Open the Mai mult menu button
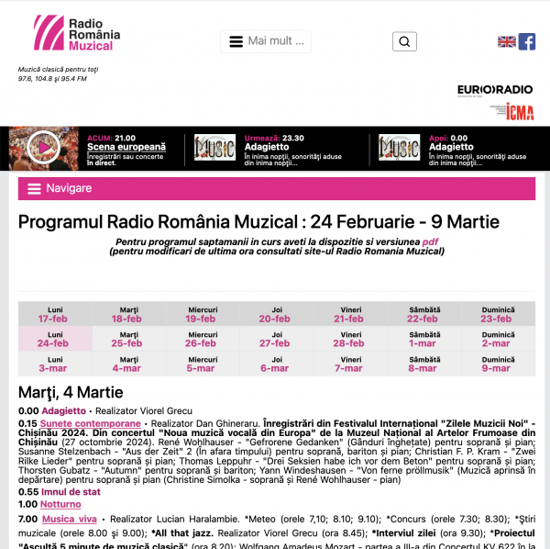tap(266, 41)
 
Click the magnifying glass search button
tap(404, 41)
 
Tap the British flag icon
tap(506, 41)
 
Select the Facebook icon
tap(527, 41)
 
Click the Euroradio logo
tap(482, 89)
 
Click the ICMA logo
tap(518, 111)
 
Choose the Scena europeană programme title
tap(126, 147)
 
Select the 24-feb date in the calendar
tap(52, 343)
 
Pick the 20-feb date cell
tap(274, 319)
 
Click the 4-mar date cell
tap(126, 368)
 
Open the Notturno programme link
tap(62, 504)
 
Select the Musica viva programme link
tap(70, 520)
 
